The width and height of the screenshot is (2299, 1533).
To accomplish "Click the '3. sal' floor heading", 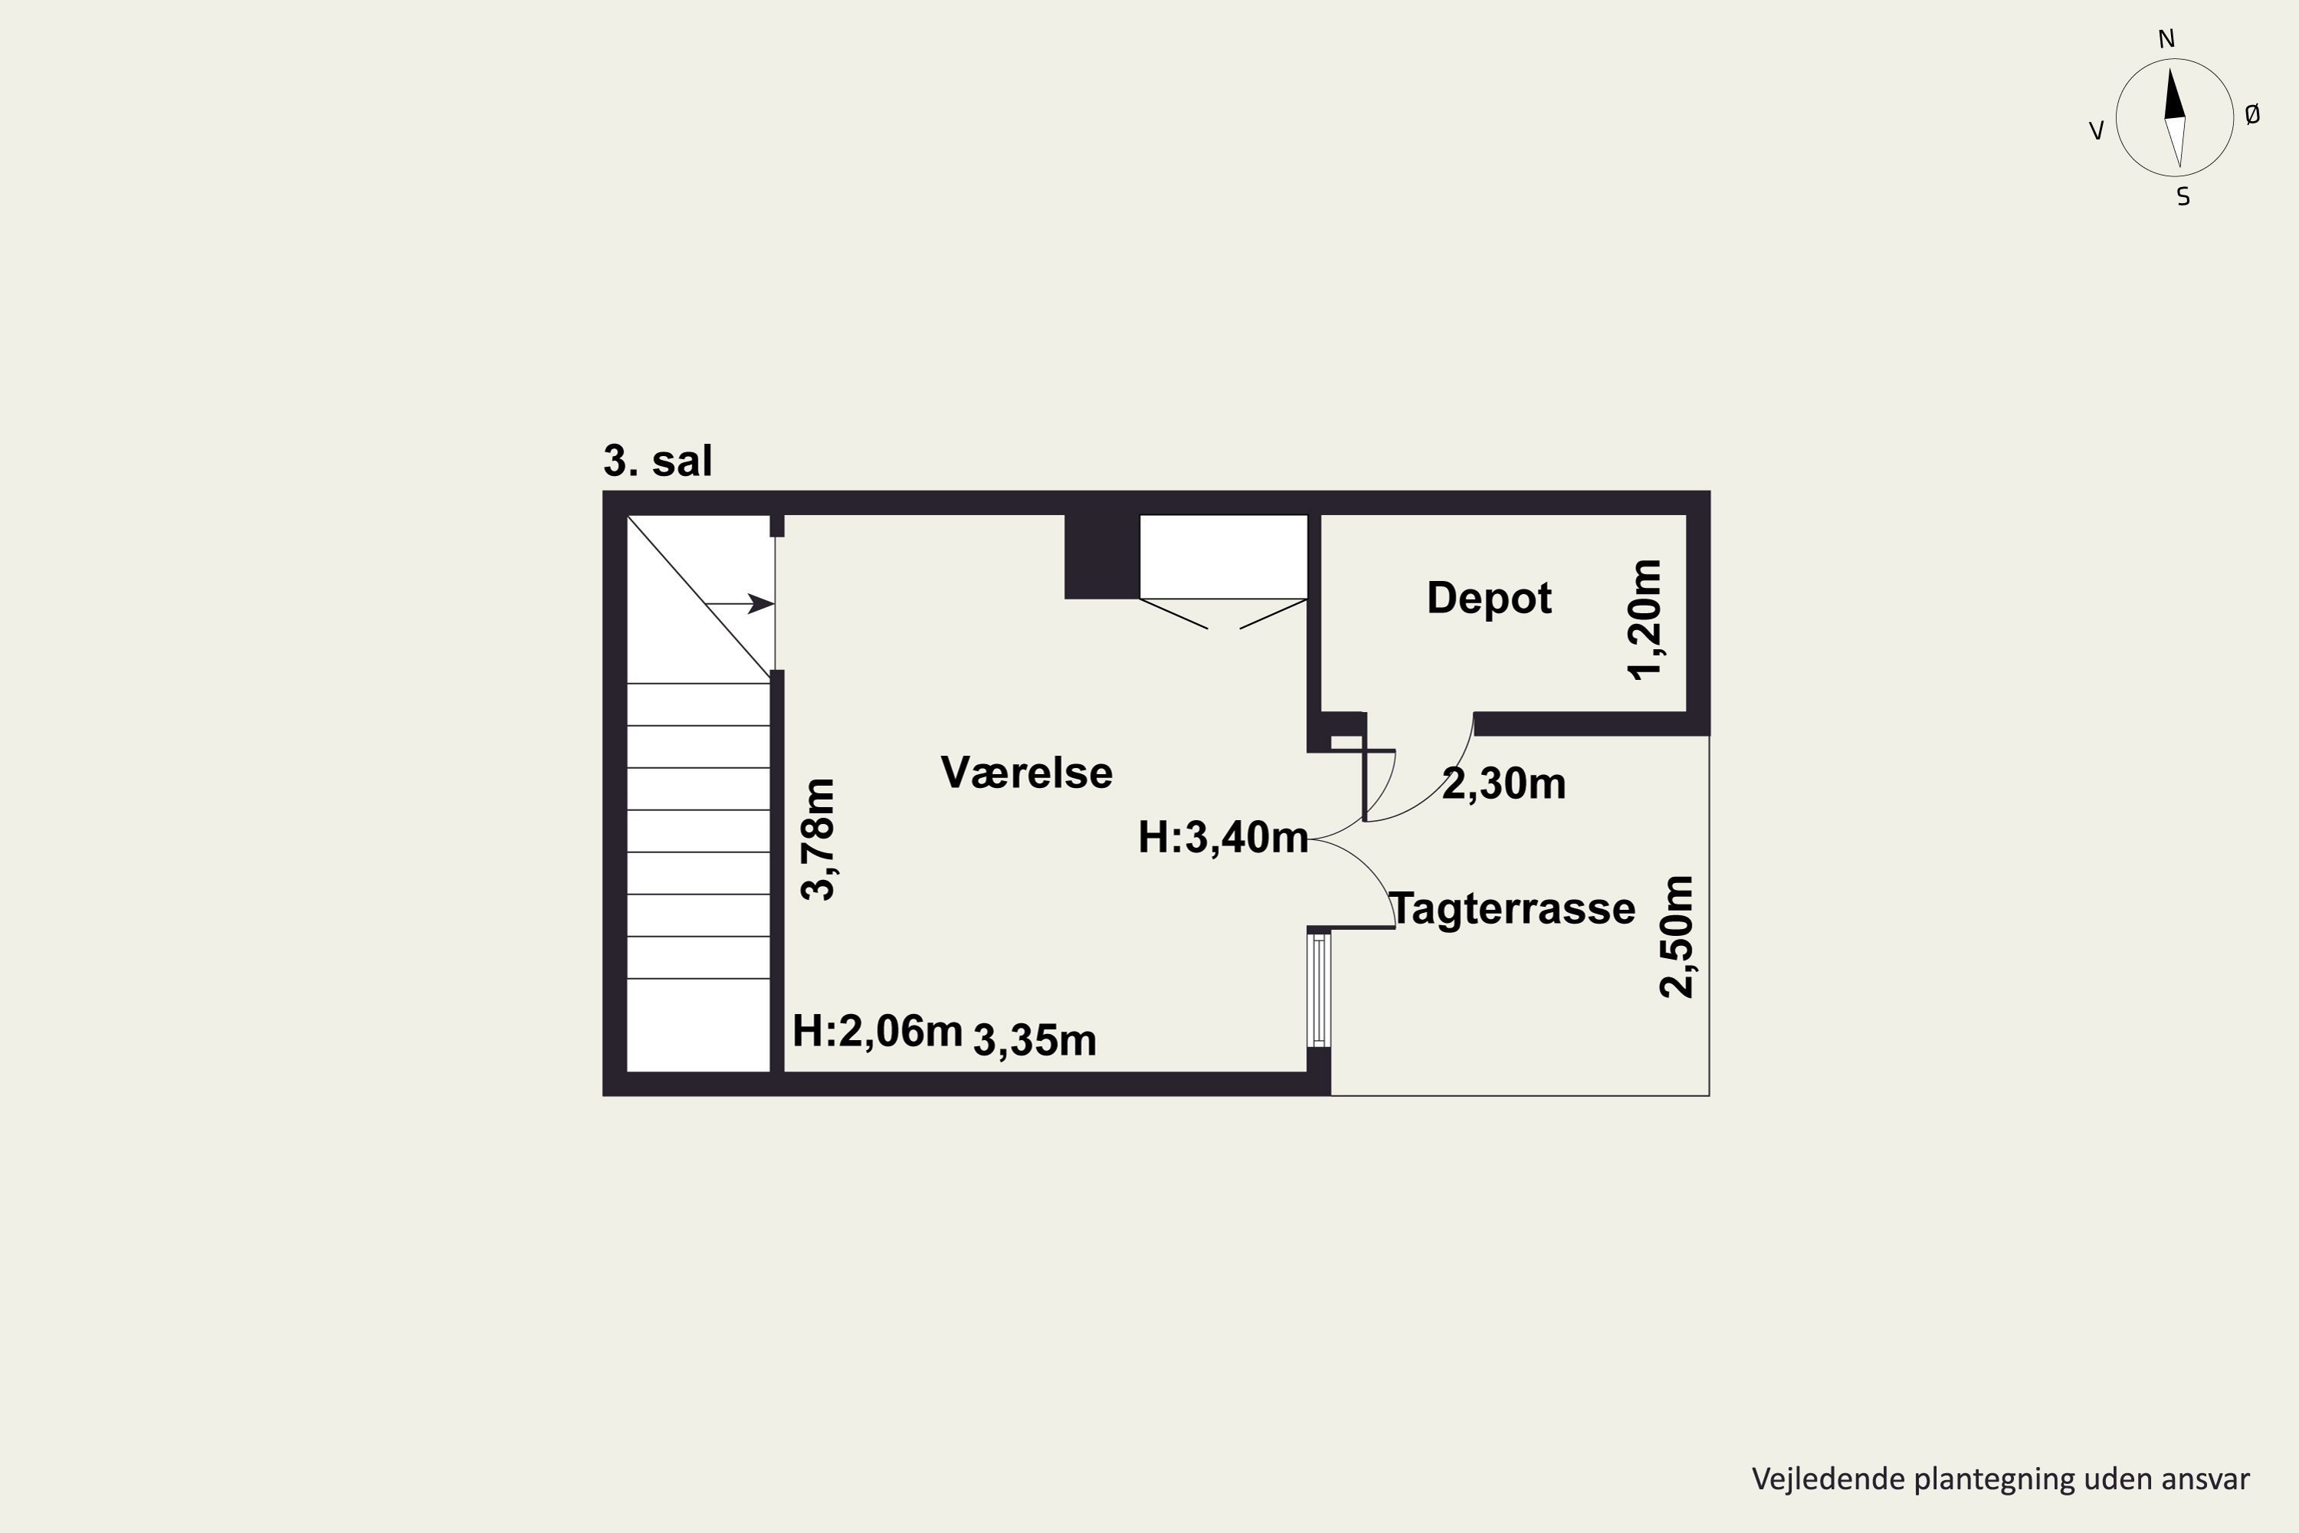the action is coord(657,461).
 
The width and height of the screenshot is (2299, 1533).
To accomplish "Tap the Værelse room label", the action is coord(1026,773).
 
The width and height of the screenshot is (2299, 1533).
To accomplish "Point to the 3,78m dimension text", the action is coord(818,839).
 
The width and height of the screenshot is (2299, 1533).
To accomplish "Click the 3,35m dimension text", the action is coord(1034,1040).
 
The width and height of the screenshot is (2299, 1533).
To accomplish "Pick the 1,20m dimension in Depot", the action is coord(1643,620).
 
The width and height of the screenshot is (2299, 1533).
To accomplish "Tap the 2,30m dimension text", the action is coord(1504,784).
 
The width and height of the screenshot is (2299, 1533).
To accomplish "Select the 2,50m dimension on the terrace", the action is coord(1678,937).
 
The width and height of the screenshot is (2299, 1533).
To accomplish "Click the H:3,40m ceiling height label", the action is coord(1223,838).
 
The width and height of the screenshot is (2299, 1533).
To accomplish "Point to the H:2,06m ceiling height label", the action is coord(877,1032).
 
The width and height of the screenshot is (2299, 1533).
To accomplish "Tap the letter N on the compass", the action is coord(2166,39).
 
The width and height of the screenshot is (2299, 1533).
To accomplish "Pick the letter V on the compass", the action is coord(2096,131).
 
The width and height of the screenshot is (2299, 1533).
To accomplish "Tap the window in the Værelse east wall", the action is coord(1320,990).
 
